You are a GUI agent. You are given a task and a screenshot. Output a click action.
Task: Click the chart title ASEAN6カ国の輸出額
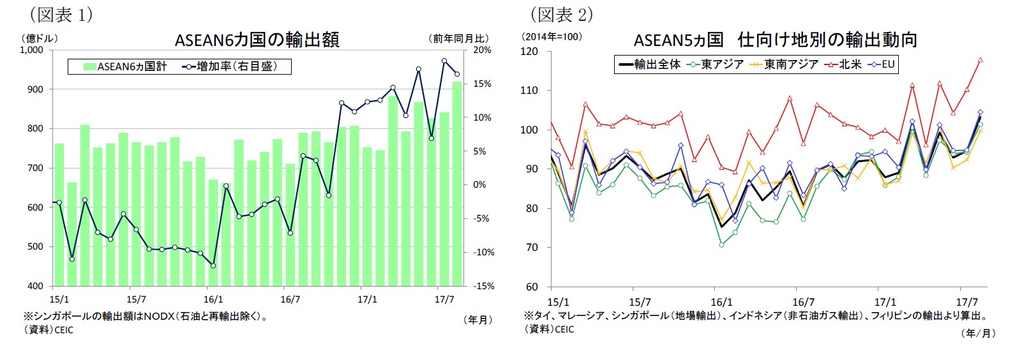(257, 40)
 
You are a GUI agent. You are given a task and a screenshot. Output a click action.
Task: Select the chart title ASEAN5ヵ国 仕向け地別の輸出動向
(775, 40)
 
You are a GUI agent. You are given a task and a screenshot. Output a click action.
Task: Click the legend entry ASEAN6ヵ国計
(125, 66)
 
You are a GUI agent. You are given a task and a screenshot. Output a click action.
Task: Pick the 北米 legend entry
(842, 64)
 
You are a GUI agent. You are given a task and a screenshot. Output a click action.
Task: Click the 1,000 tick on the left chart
(32, 50)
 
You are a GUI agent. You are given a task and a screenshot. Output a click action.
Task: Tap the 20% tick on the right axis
(483, 50)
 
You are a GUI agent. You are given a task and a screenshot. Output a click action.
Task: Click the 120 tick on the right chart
(529, 51)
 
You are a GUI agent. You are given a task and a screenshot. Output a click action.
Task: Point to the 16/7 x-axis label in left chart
(290, 299)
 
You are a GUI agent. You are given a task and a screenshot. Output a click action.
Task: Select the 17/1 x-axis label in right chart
(885, 302)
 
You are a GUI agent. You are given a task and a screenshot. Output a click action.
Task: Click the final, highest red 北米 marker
(980, 60)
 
